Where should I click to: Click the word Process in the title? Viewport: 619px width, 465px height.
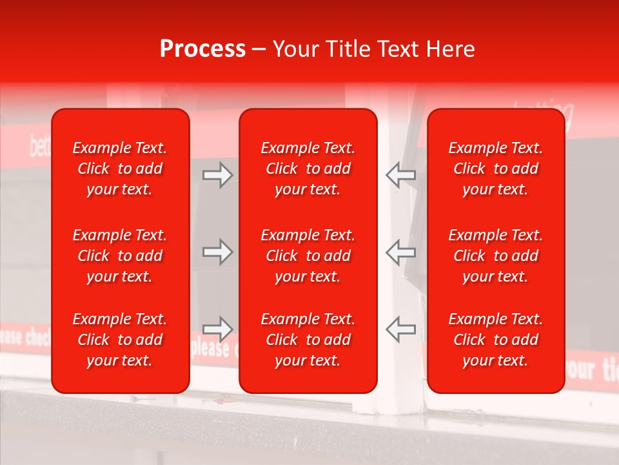point(202,49)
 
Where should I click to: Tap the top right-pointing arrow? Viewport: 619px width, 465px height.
point(217,175)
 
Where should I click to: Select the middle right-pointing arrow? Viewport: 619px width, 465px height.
point(217,252)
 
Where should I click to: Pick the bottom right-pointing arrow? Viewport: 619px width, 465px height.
point(217,329)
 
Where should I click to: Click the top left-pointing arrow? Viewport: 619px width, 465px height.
point(400,175)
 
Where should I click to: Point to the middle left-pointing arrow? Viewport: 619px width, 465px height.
point(400,252)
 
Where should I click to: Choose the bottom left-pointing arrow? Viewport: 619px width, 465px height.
point(400,329)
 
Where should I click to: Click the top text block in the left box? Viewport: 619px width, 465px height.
point(120,169)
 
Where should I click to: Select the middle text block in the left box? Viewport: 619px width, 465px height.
point(120,256)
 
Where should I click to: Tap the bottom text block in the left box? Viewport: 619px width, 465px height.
point(120,340)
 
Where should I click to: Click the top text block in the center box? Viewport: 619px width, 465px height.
point(308,169)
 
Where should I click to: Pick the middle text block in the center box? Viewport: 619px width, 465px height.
point(308,256)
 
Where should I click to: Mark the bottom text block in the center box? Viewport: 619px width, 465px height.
point(308,340)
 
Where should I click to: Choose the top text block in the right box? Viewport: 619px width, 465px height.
point(496,169)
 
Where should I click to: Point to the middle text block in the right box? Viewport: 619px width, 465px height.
point(496,256)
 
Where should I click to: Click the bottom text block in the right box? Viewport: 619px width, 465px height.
point(496,340)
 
